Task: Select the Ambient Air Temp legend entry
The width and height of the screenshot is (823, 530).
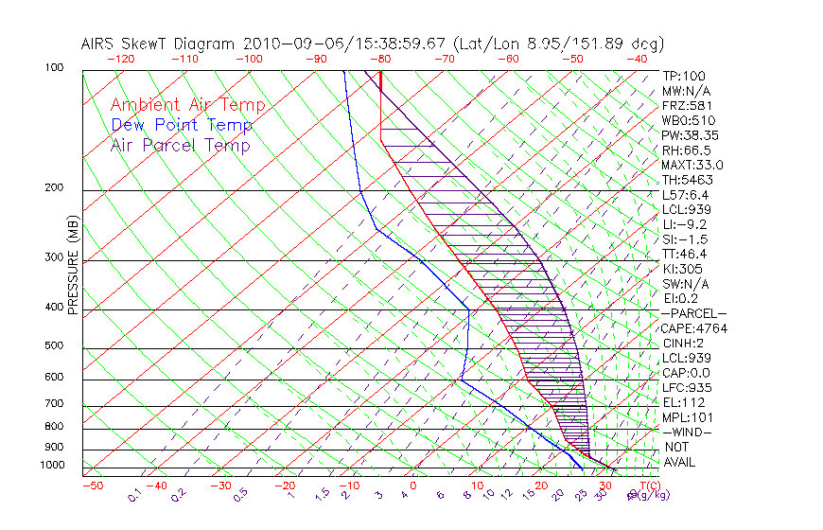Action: pyautogui.click(x=188, y=105)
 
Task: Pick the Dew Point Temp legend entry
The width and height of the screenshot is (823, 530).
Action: pyautogui.click(x=182, y=126)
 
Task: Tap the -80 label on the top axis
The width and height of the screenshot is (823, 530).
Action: pyautogui.click(x=381, y=58)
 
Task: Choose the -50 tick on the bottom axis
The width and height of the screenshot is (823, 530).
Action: pyautogui.click(x=92, y=486)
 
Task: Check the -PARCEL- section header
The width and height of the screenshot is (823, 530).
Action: pyautogui.click(x=693, y=313)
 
